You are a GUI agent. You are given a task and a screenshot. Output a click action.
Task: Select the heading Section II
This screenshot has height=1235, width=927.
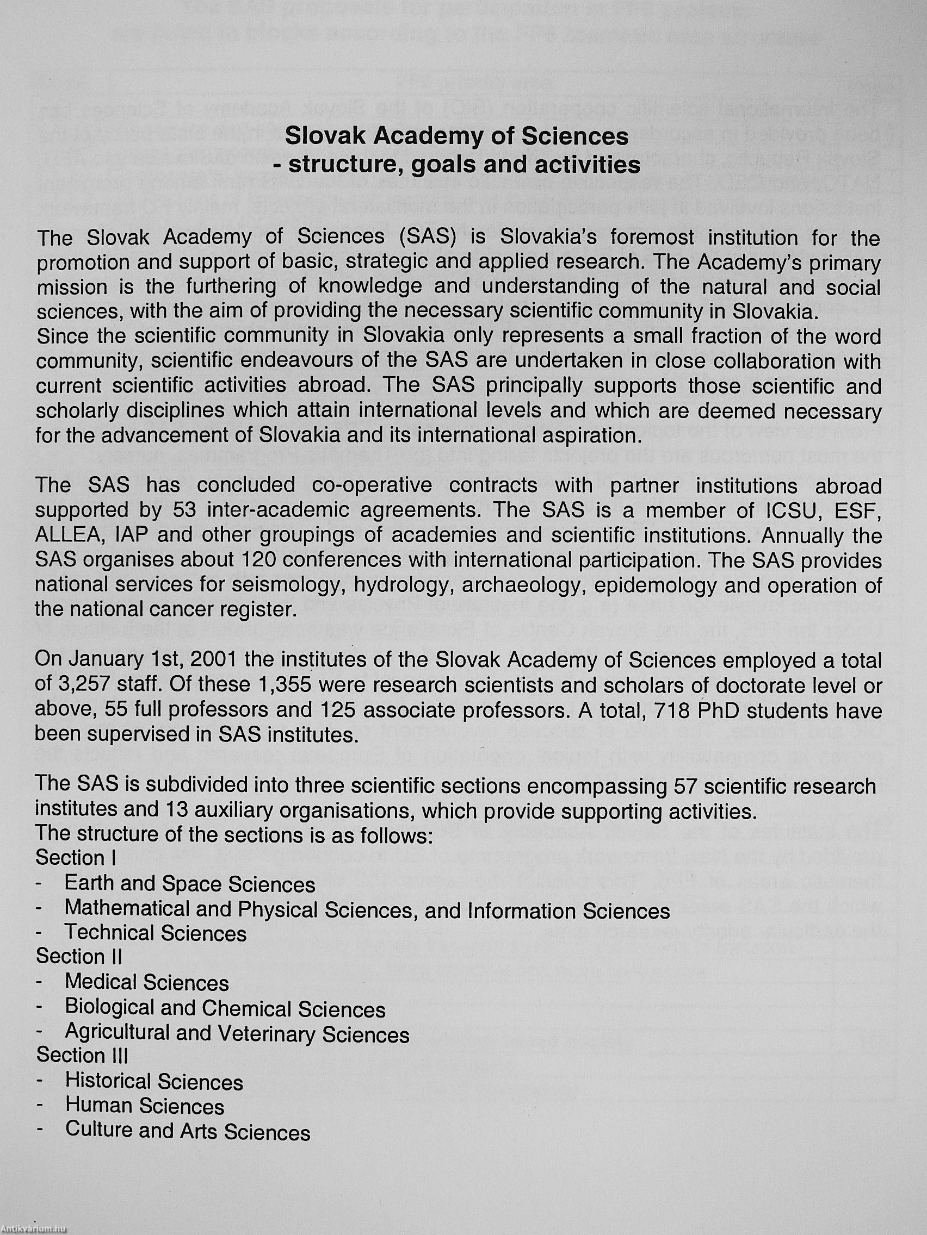tap(79, 956)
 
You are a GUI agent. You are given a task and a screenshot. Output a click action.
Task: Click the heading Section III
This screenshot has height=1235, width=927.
tap(82, 1055)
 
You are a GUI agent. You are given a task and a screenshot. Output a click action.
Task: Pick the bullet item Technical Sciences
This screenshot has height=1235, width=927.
tap(156, 933)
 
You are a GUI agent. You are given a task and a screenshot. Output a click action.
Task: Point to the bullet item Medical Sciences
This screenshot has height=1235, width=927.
tap(147, 983)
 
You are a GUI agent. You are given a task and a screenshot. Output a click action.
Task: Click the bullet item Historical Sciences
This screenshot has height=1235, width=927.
tap(154, 1082)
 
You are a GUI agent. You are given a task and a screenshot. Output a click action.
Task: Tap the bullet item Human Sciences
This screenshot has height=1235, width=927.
tap(145, 1106)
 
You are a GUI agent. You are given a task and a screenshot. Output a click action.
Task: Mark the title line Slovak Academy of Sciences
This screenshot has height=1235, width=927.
tap(456, 136)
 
